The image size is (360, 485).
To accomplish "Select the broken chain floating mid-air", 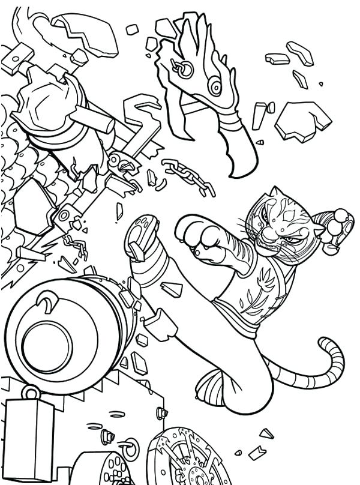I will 186,175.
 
